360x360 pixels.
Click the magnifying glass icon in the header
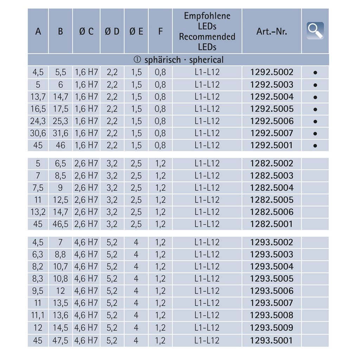point(315,31)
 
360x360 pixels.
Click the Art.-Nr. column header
point(272,31)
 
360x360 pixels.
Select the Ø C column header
point(86,31)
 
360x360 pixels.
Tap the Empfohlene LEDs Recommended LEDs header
point(207,31)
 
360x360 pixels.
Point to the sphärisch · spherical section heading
point(179,60)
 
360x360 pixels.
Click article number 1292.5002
point(272,72)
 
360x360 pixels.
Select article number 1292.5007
point(272,133)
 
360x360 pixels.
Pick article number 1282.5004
point(272,187)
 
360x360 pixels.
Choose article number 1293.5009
point(272,328)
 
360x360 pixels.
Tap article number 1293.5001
point(272,340)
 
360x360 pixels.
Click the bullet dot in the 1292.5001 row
point(315,146)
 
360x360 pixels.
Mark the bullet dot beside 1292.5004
point(315,97)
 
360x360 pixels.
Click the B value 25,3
point(60,121)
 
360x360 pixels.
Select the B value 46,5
point(60,224)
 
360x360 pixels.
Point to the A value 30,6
point(38,133)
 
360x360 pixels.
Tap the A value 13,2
point(38,212)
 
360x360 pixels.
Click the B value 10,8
point(60,279)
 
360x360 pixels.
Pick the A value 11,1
point(38,315)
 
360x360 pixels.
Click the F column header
point(160,31)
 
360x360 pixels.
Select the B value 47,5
point(60,340)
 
